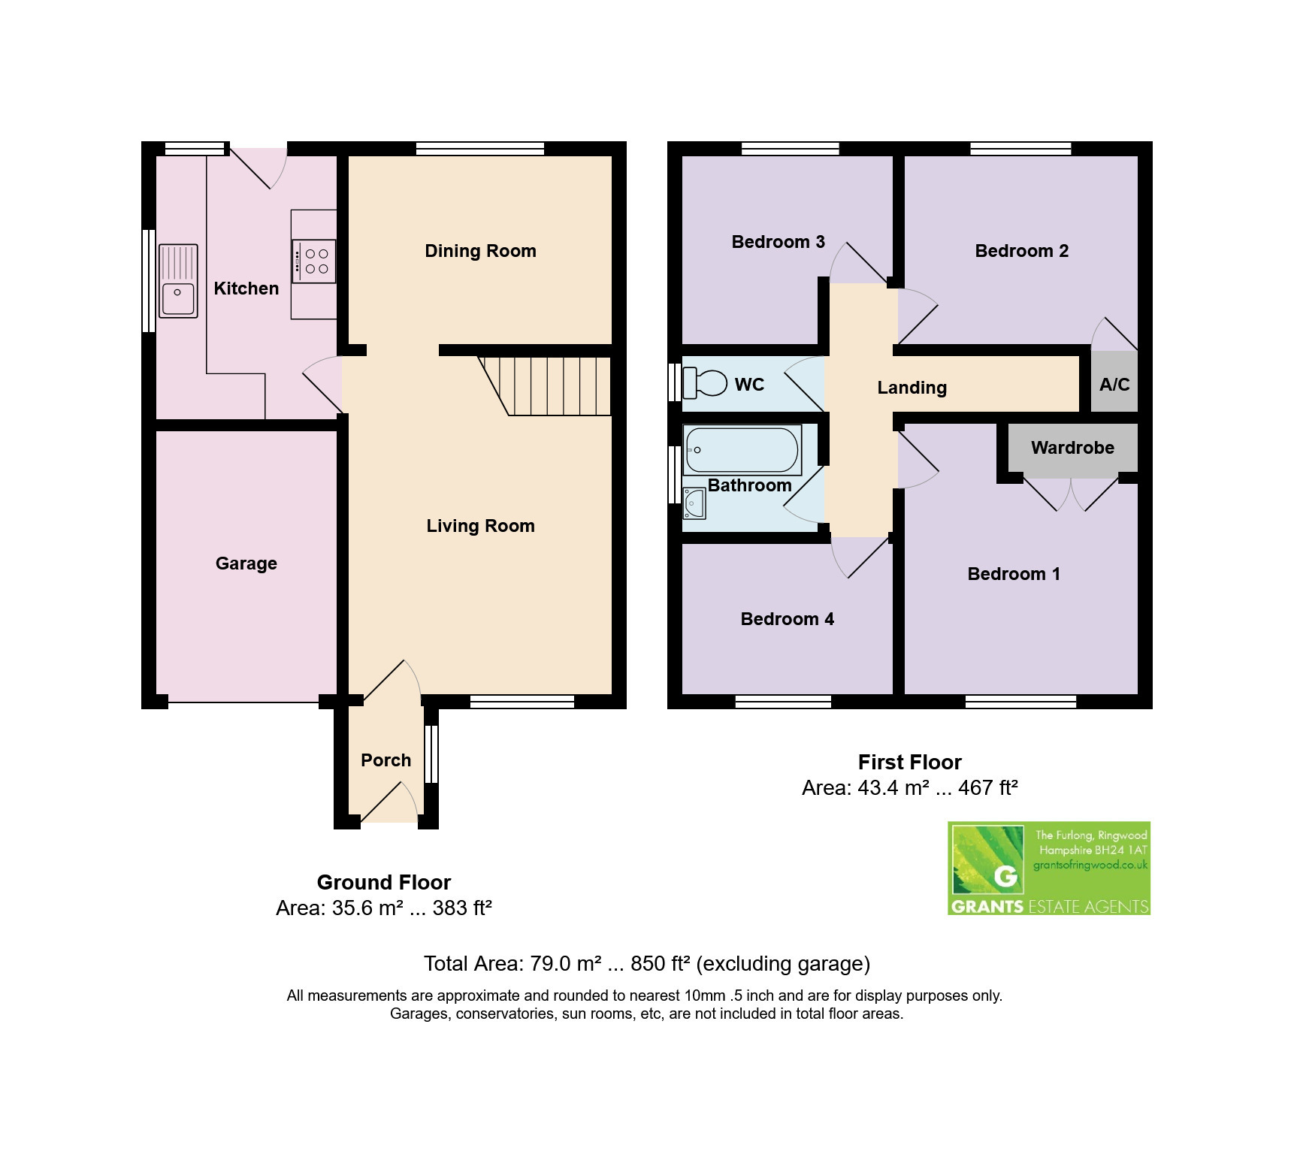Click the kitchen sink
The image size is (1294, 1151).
[178, 281]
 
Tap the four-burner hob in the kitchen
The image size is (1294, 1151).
[314, 261]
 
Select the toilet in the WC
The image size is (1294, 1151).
[704, 383]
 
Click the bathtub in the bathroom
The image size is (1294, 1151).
[742, 450]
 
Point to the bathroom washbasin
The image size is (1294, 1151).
[694, 503]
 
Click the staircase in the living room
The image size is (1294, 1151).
[544, 385]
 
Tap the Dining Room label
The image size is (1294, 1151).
[481, 251]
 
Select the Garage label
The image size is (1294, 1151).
[246, 563]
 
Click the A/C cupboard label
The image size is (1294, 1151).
[1114, 385]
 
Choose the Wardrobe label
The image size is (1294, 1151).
[1072, 448]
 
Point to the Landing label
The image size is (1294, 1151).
[912, 388]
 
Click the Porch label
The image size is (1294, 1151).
[386, 760]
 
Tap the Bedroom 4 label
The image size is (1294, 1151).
[788, 619]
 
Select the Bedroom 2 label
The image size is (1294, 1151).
[1022, 251]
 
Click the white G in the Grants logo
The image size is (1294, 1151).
[1005, 876]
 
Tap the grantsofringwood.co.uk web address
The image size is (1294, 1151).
[1090, 865]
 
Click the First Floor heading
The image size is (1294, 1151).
[910, 762]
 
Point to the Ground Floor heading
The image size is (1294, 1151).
[384, 882]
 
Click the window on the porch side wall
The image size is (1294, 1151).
[431, 754]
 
